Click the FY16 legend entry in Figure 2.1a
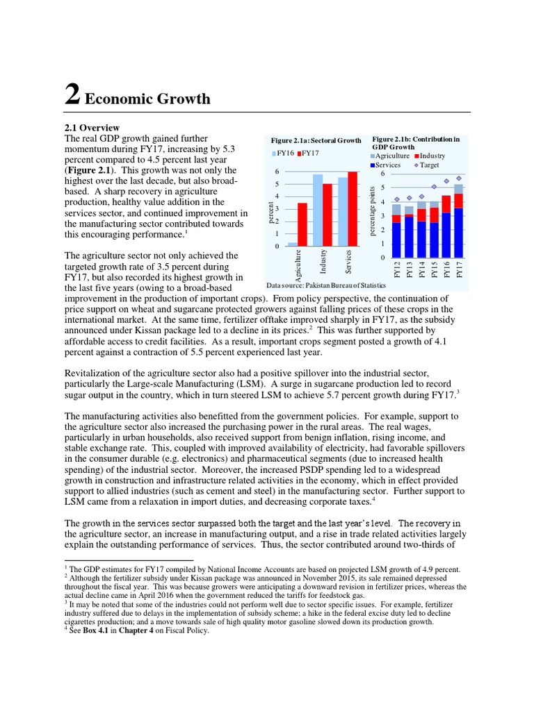click(284, 153)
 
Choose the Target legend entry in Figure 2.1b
click(429, 166)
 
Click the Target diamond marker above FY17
click(459, 178)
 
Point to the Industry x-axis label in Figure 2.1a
click(323, 262)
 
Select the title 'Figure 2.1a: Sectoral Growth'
click(316, 140)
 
